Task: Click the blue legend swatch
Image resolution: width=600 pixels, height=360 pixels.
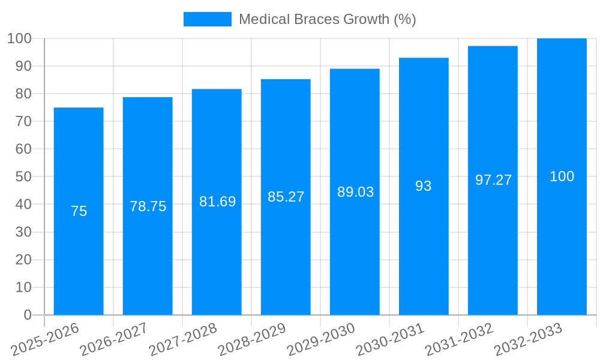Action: click(207, 19)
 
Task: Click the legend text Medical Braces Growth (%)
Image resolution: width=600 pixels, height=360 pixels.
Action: click(327, 19)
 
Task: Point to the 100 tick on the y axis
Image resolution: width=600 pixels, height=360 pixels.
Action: click(19, 38)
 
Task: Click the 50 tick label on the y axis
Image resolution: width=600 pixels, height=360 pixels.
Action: click(23, 177)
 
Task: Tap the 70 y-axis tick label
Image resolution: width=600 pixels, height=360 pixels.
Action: click(23, 121)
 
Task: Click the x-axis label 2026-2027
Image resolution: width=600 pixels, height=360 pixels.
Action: click(114, 340)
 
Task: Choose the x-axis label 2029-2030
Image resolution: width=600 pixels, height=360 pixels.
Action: click(321, 340)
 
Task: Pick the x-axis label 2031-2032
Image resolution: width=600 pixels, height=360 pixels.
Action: click(459, 340)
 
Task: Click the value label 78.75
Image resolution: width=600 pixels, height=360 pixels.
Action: click(148, 206)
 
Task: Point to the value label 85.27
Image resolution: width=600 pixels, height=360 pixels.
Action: click(286, 197)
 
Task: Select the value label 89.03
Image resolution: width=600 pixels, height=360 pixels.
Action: click(355, 192)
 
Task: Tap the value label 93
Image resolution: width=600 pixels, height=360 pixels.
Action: click(424, 186)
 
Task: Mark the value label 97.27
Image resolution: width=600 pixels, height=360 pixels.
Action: click(493, 180)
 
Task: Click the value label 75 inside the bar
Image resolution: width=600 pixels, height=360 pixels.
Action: click(79, 211)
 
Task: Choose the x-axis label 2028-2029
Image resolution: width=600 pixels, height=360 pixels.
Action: click(252, 340)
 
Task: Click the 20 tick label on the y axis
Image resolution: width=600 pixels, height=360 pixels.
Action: click(23, 260)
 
